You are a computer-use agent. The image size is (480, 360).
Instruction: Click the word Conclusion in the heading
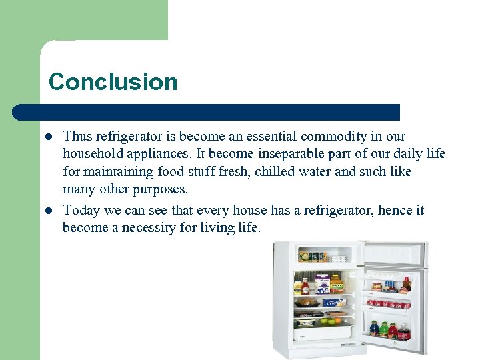click(113, 82)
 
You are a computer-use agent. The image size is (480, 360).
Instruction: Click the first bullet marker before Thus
click(49, 137)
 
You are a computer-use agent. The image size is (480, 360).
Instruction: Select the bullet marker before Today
click(49, 211)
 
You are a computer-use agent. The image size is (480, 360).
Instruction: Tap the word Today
click(81, 211)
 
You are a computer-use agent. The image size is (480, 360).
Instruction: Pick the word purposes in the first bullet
click(161, 189)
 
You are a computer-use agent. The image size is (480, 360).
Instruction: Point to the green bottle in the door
click(385, 329)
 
